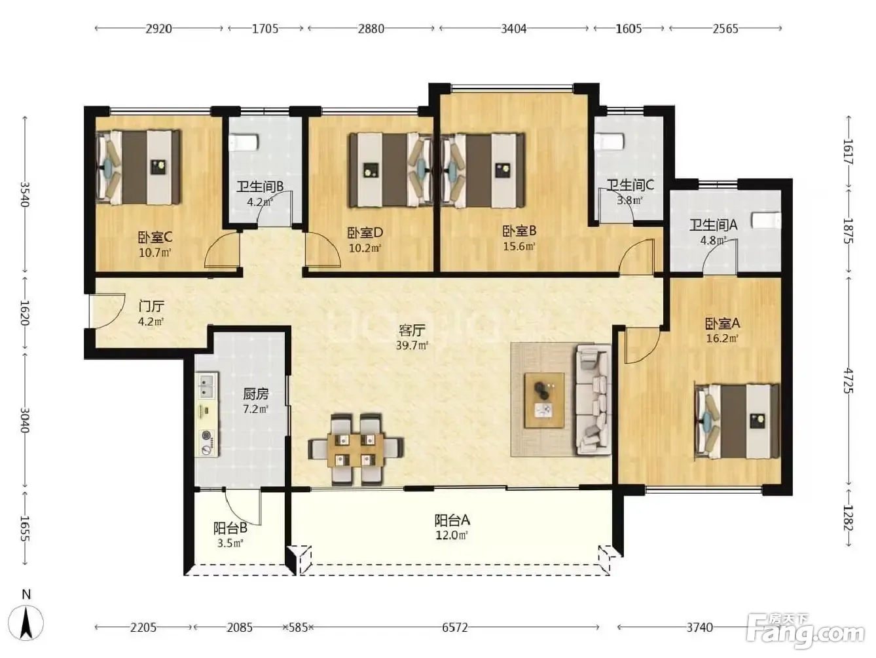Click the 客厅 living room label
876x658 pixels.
coord(412,330)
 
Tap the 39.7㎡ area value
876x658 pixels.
coord(412,345)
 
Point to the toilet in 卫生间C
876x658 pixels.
coord(609,142)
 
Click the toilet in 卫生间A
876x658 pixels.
coord(766,220)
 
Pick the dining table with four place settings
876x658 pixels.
coord(356,450)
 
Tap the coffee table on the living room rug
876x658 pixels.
coord(544,400)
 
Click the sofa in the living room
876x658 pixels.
coord(593,400)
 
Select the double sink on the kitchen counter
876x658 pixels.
coord(206,387)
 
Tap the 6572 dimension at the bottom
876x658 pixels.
coord(455,628)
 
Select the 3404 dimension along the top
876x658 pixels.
coord(514,29)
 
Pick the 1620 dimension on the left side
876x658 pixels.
coord(25,313)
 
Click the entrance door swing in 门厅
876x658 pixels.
coord(107,311)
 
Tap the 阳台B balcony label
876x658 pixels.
coord(230,528)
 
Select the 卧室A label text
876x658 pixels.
coord(722,323)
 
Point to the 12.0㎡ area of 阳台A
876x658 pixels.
coord(451,535)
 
